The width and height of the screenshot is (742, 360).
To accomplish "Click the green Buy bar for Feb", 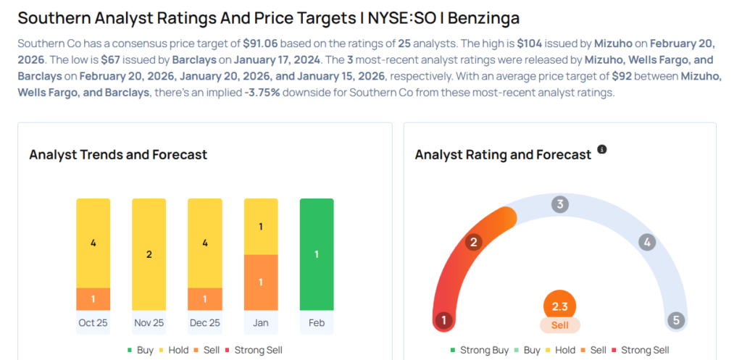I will [x=317, y=254].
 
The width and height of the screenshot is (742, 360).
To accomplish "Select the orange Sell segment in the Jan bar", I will [x=261, y=282].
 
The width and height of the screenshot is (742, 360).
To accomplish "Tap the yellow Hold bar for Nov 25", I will [x=149, y=254].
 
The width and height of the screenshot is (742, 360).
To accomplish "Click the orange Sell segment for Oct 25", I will [x=93, y=299].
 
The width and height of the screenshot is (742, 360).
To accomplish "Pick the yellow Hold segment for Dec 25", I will [x=204, y=243].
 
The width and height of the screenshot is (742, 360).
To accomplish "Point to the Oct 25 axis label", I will [x=93, y=322].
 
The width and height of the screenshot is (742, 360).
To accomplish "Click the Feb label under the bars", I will [x=317, y=322].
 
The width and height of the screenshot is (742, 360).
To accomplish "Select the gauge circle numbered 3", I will [x=559, y=204].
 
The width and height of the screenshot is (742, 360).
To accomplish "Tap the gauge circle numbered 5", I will [x=676, y=320].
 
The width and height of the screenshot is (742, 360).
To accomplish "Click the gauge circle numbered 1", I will [x=443, y=320].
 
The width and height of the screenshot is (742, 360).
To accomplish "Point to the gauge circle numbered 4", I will [x=647, y=243].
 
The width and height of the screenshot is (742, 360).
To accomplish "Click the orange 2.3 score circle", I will [x=559, y=305].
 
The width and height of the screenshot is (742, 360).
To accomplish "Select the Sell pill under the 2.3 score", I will [x=559, y=325].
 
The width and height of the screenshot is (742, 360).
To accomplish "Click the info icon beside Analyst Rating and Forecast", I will [x=601, y=150].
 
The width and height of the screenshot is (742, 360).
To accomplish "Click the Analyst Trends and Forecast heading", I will [x=118, y=154].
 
